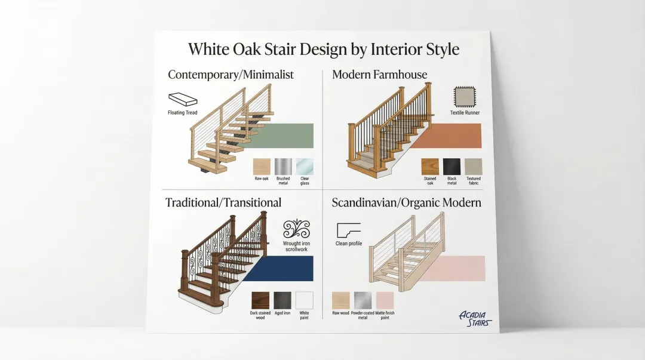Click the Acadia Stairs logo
tap(475, 318)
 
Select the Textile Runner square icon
tap(464, 96)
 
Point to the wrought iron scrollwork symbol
tap(297, 229)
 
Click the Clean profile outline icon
tap(349, 230)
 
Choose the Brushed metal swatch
tap(283, 166)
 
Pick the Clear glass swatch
tap(305, 166)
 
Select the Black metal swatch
tap(451, 167)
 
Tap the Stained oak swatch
tap(430, 167)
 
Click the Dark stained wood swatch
tap(260, 300)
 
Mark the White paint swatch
tap(304, 300)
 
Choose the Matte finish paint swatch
tap(385, 300)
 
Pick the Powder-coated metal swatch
tap(363, 300)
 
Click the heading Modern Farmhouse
tap(379, 75)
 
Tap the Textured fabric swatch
tap(473, 167)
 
